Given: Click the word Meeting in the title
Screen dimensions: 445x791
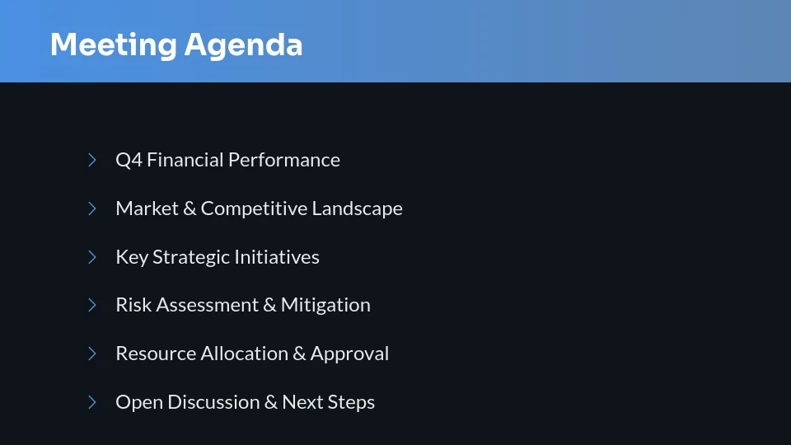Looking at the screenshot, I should click(113, 44).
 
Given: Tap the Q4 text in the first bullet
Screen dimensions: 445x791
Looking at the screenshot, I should click(129, 160).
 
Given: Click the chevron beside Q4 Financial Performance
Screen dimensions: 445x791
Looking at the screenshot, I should click(92, 160).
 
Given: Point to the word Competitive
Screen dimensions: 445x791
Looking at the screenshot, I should click(254, 208).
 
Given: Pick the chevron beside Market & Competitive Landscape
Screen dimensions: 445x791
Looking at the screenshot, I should click(92, 208).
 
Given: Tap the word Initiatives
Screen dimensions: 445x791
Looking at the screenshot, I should click(277, 257).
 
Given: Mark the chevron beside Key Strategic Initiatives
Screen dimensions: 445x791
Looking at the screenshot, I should click(92, 257).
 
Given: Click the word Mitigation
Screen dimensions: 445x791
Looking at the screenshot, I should click(325, 305).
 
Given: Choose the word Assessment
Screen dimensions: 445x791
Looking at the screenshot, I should click(206, 305).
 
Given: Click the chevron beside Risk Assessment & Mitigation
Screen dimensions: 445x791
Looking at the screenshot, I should click(92, 305).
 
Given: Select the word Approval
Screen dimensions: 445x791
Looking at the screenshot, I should click(349, 354).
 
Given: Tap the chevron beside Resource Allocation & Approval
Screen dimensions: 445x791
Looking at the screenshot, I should click(92, 354).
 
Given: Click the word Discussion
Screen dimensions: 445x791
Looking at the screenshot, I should click(213, 402).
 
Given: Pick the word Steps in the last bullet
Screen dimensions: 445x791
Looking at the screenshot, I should click(352, 402).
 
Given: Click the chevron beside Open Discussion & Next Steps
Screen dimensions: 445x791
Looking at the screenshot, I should click(92, 402).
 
